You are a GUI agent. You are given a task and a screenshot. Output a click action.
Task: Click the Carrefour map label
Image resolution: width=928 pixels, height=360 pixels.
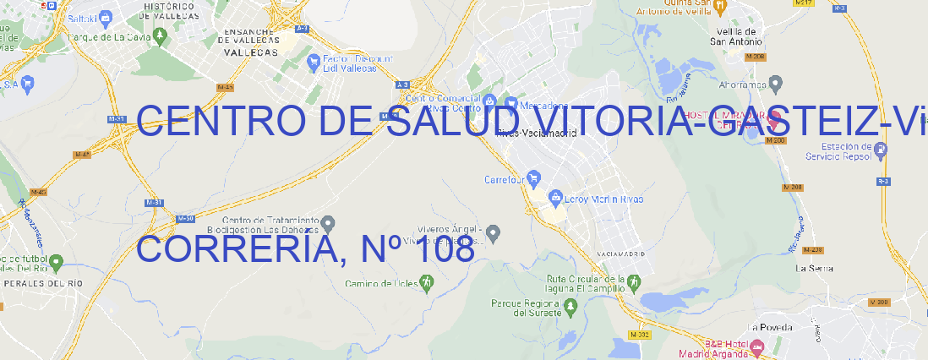505,179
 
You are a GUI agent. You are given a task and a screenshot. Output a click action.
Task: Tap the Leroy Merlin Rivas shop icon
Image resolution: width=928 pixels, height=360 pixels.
555,199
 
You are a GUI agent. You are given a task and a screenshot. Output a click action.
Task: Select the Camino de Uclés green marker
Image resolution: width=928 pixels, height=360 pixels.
426,284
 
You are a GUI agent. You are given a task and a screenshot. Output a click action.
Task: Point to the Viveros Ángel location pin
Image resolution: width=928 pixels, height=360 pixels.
495,231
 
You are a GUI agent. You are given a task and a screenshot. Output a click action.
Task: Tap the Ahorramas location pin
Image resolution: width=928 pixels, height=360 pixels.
777,84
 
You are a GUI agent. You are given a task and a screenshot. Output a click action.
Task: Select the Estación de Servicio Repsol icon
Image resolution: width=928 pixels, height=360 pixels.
882,150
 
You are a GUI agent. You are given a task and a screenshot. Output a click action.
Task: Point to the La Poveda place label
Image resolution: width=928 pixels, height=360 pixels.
770,327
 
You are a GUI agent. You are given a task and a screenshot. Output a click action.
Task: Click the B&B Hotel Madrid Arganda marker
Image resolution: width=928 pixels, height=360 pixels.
757,346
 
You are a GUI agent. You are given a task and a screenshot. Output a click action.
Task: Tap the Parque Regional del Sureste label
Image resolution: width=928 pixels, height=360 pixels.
525,308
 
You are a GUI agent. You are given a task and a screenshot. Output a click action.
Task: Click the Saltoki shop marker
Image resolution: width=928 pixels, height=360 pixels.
106,17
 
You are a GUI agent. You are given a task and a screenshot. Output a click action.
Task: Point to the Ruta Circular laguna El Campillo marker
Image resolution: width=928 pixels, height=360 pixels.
633,281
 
